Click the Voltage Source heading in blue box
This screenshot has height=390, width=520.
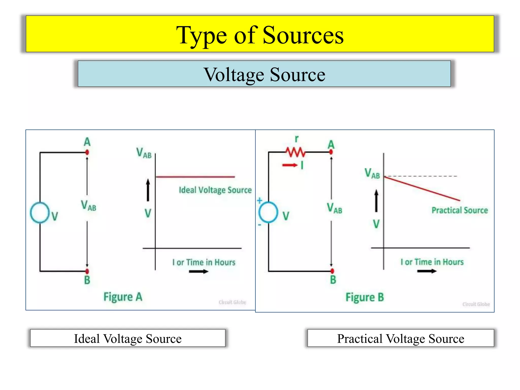264,75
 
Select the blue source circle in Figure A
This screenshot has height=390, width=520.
40,213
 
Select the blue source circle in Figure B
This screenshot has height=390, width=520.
268,212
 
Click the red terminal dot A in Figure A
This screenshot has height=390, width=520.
87,152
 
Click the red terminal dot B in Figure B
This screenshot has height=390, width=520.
332,271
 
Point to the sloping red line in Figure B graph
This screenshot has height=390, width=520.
421,188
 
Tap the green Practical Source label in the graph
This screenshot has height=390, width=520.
460,210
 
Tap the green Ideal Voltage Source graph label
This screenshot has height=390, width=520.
215,190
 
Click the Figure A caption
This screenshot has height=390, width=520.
123,297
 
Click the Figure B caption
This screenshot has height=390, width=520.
365,297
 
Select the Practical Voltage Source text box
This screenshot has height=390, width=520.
400,338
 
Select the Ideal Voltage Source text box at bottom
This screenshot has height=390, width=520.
128,338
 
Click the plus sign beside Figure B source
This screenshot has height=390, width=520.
259,201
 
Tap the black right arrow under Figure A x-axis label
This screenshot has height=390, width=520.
199,271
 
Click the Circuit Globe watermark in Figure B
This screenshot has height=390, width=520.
476,304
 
